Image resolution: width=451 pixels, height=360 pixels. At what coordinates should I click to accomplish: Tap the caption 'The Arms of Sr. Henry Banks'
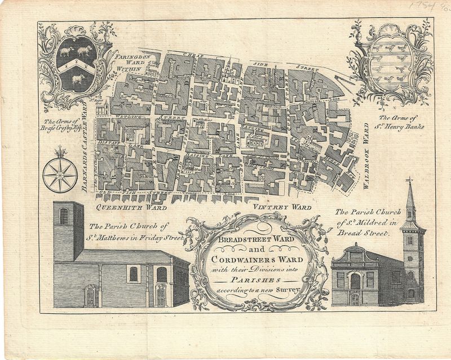(x=393, y=122)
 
